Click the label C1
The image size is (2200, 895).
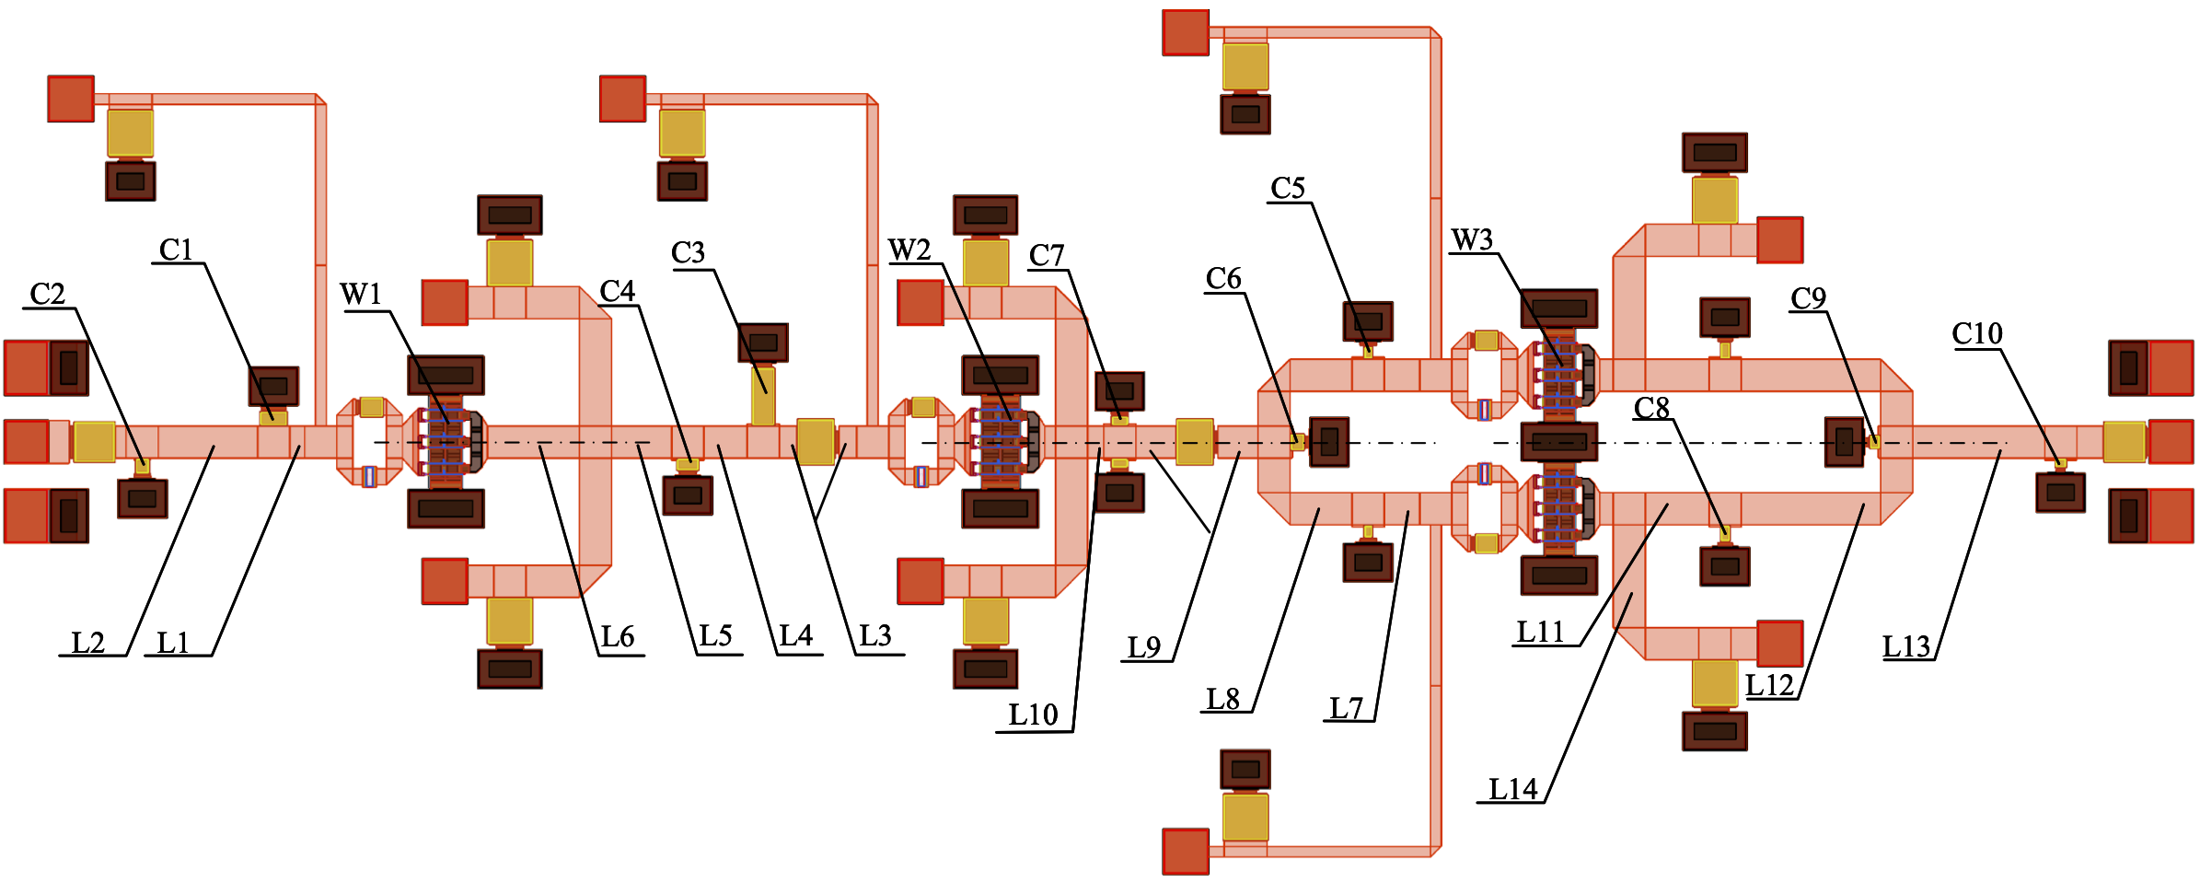176,250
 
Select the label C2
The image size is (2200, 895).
48,295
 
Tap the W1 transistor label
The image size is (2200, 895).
360,295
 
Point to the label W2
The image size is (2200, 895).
909,250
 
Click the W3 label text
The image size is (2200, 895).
1472,240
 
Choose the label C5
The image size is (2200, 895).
1288,189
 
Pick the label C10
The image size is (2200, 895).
1977,334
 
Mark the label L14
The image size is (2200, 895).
1513,790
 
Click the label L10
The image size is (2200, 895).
1033,715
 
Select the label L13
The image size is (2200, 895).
1905,647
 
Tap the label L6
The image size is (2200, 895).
618,637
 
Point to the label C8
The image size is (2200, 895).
1651,408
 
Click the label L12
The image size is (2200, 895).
1769,686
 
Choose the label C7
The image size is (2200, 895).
1047,256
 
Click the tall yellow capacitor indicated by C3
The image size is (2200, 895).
763,396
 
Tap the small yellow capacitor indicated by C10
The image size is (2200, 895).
2061,463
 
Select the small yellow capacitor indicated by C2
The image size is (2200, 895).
142,466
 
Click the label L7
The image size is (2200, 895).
1346,709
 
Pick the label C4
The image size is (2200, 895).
618,292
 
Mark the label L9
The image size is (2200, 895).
1144,648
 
